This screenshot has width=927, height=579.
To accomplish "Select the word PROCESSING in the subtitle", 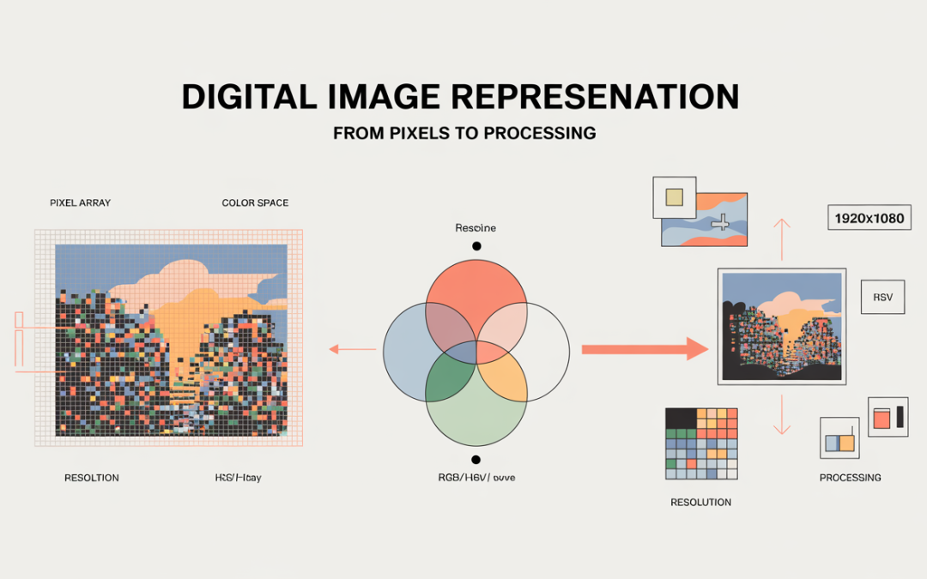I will [542, 134].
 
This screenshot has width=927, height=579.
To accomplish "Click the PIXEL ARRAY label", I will [80, 203].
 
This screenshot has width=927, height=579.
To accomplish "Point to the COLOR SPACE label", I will [255, 203].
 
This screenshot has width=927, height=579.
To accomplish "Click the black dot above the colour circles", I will [476, 246].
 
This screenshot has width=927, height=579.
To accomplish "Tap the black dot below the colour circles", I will [476, 460].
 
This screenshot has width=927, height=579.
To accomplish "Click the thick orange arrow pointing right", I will [644, 349].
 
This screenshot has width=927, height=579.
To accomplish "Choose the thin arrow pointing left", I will [353, 349].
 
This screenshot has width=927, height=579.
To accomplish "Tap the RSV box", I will [882, 297].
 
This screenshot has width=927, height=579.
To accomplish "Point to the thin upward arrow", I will [781, 238].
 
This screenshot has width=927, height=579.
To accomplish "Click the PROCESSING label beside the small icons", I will [850, 478].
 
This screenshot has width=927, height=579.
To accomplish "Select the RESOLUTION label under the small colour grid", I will [700, 503].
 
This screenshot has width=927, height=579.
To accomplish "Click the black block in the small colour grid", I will [681, 417].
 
